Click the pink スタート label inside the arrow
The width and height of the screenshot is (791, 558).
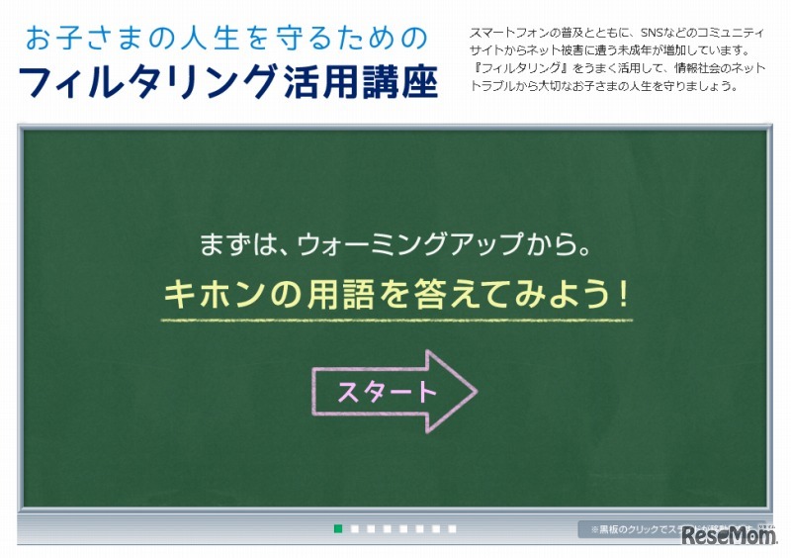click(387, 392)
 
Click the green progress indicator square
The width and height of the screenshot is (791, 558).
click(338, 529)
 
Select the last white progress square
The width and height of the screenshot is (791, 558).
click(452, 529)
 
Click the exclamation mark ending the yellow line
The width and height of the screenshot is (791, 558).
click(622, 294)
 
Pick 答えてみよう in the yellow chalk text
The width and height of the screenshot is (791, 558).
click(510, 294)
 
